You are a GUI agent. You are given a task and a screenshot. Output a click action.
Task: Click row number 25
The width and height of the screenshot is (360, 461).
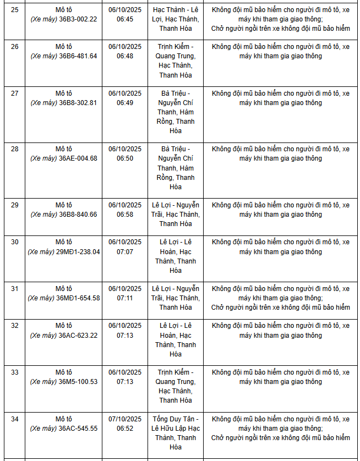tap(15, 9)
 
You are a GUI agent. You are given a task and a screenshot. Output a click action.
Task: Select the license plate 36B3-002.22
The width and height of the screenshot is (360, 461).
tap(78, 19)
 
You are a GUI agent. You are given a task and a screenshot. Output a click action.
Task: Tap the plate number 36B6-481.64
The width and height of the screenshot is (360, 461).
tap(78, 56)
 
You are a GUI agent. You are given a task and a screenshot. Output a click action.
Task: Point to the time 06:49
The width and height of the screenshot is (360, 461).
tap(125, 103)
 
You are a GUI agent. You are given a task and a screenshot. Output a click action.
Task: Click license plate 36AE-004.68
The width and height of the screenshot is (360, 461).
tap(78, 158)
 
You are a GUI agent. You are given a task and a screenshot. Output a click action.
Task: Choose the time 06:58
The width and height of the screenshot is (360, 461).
tap(125, 215)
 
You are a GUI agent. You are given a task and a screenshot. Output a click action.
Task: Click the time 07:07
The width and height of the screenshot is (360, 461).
tap(125, 251)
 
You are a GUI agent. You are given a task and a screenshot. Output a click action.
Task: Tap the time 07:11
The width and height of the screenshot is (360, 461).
tap(125, 298)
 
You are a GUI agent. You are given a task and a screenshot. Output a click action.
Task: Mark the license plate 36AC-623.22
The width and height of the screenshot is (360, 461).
tap(78, 336)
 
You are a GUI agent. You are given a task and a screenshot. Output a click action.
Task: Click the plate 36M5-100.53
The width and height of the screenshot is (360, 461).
tap(78, 382)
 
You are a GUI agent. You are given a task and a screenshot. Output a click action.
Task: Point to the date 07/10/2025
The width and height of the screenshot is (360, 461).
tap(125, 419)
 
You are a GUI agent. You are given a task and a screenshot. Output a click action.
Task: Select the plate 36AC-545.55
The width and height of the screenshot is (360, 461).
tap(78, 429)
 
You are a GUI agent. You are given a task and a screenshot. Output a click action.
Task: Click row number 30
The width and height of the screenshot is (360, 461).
tap(15, 242)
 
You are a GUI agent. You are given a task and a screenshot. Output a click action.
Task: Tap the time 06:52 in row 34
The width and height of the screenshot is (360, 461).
tap(125, 429)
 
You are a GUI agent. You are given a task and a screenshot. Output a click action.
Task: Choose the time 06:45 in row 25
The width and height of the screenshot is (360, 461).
tap(125, 19)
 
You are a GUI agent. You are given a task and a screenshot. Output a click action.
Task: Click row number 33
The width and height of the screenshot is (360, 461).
tap(15, 372)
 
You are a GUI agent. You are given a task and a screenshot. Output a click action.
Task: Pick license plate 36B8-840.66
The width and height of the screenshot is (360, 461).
tap(78, 215)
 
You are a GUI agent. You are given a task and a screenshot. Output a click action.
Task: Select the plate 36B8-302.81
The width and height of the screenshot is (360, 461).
tap(78, 103)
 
